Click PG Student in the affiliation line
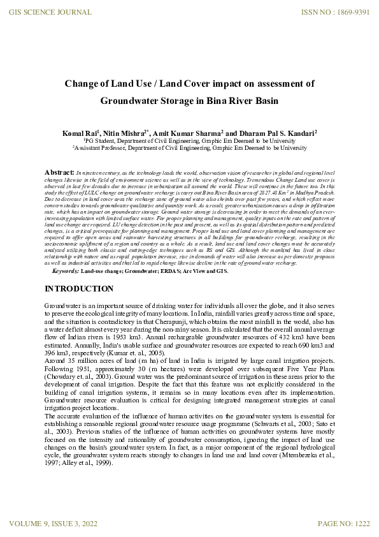coord(104,140)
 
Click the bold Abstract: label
coord(59,173)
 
